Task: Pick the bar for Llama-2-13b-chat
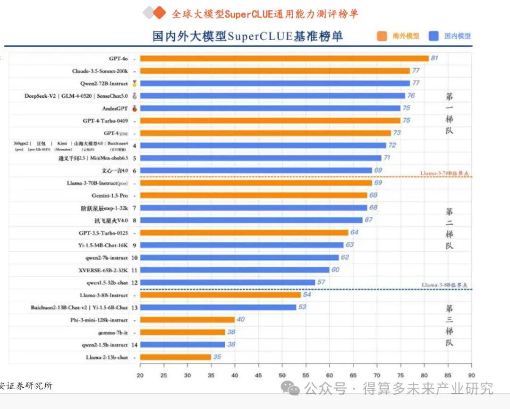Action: point(175,357)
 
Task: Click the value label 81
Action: point(434,58)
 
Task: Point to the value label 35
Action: point(217,357)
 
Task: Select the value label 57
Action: point(321,282)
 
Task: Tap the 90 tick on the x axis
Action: point(471,375)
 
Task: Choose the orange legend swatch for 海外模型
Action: point(382,36)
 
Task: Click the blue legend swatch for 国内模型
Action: point(433,36)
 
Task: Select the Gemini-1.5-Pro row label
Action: point(110,195)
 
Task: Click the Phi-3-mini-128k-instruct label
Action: point(99,320)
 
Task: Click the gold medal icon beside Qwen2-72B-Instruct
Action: point(135,84)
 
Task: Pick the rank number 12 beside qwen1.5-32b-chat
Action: point(135,282)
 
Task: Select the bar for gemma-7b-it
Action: point(182,332)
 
